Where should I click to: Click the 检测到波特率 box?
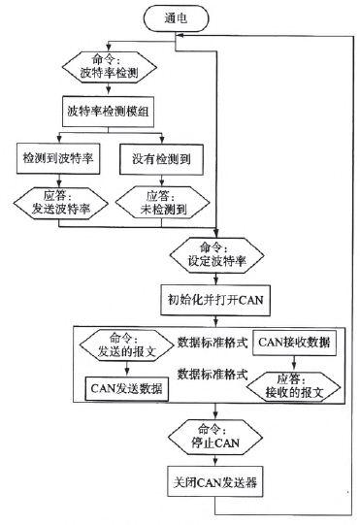pyautogui.click(x=60, y=156)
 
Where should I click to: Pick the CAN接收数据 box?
pyautogui.click(x=295, y=342)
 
